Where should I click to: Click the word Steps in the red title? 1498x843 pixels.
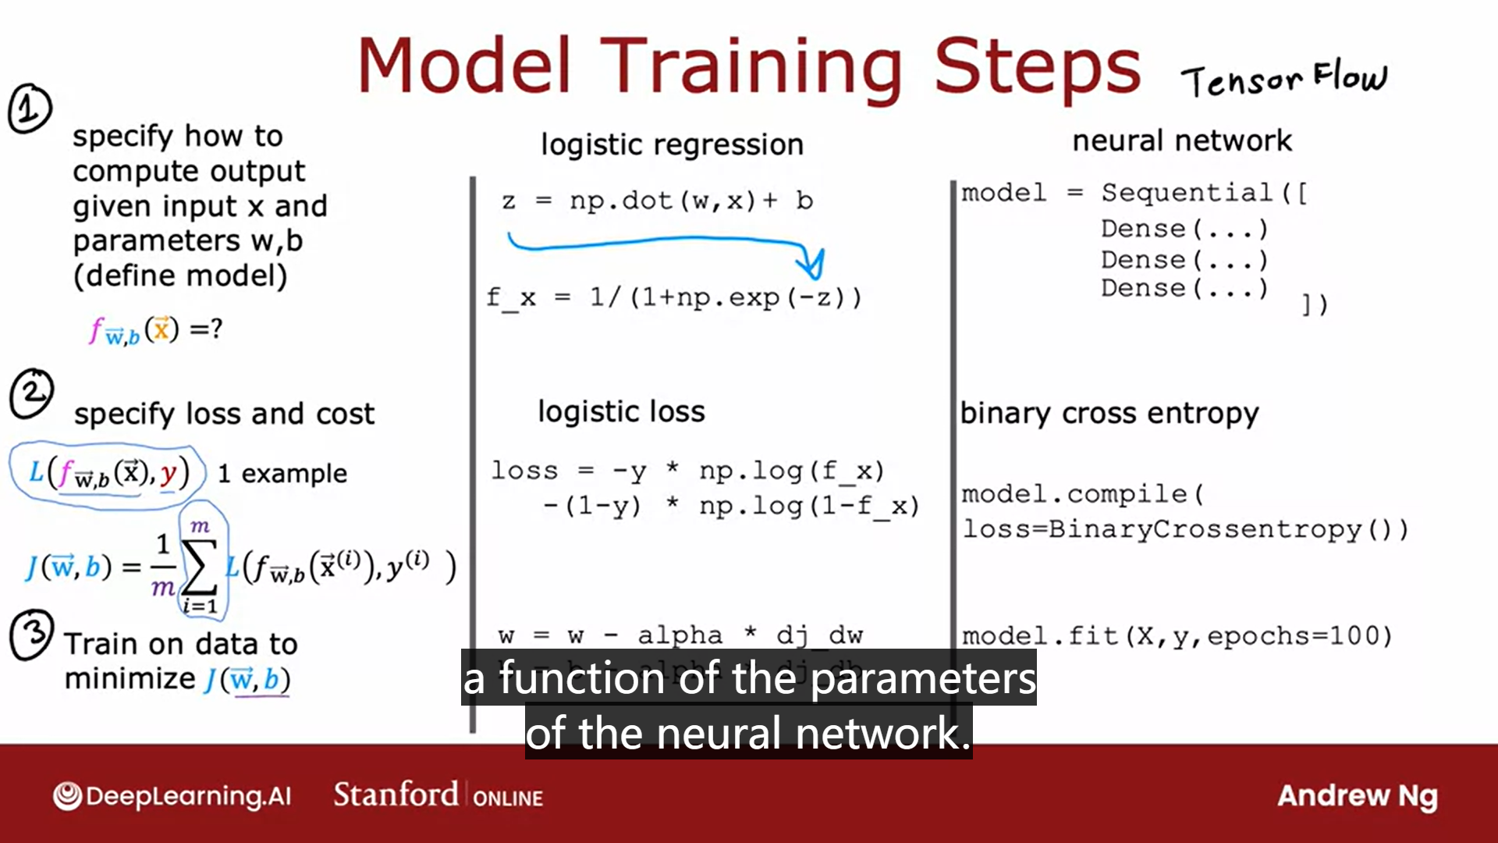point(1037,68)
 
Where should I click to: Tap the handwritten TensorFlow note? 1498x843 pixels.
point(1283,79)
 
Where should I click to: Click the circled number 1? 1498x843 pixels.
point(30,108)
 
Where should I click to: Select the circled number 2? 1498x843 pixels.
point(31,393)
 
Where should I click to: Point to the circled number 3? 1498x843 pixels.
point(31,635)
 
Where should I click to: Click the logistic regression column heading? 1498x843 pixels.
point(672,144)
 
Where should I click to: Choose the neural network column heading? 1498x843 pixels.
point(1181,141)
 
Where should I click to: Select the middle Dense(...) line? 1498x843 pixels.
point(1184,259)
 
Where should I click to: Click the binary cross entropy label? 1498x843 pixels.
point(1109,413)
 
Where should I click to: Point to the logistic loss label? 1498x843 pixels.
point(621,411)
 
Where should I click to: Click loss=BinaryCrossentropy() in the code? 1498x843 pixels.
point(1184,529)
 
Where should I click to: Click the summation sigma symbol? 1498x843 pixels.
point(200,567)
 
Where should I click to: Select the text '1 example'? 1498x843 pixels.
point(282,473)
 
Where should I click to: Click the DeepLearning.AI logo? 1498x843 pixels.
point(172,796)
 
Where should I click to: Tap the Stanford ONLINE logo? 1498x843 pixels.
point(438,795)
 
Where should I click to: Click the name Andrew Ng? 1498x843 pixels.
point(1357,795)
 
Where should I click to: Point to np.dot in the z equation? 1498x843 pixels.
point(620,201)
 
